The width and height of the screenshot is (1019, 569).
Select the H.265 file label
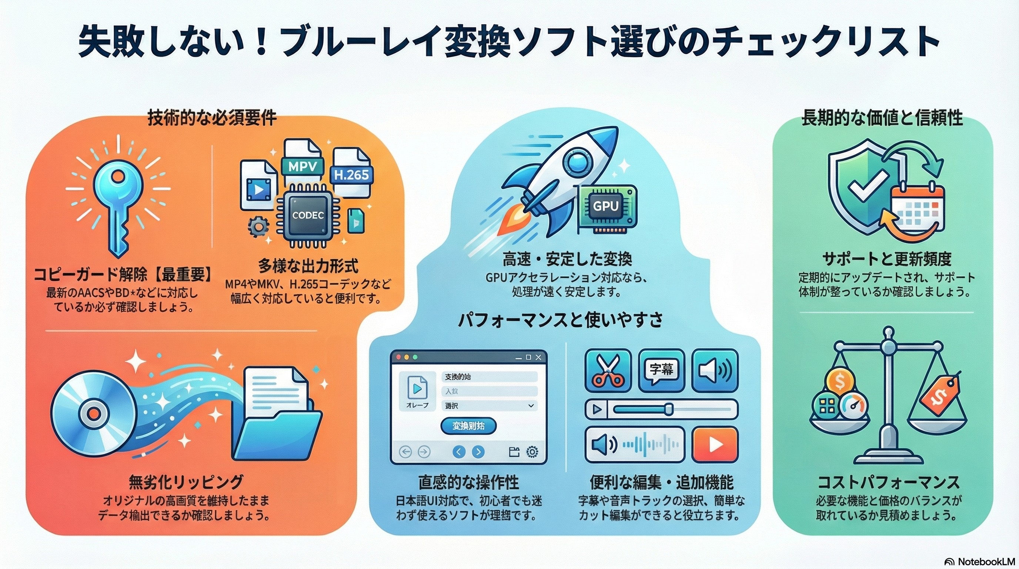(351, 174)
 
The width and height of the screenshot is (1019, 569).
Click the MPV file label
(302, 167)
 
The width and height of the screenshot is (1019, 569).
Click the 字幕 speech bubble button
(661, 370)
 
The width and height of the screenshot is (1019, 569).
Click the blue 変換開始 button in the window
(468, 426)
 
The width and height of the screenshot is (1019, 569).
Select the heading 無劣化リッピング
(186, 482)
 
